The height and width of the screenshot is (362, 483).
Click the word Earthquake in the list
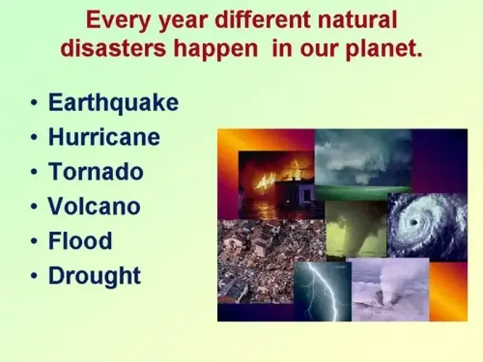pyautogui.click(x=114, y=103)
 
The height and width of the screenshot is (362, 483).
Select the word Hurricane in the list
pyautogui.click(x=104, y=137)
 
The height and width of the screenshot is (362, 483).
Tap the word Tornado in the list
pyautogui.click(x=96, y=171)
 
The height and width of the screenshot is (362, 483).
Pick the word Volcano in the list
pyautogui.click(x=94, y=206)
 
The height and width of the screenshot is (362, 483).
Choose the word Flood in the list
pyautogui.click(x=80, y=240)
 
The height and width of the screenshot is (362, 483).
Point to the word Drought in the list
pyautogui.click(x=95, y=276)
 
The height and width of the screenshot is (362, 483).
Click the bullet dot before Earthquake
pyautogui.click(x=34, y=103)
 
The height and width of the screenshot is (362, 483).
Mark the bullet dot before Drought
pyautogui.click(x=34, y=276)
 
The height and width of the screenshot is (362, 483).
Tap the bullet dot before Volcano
pyautogui.click(x=34, y=206)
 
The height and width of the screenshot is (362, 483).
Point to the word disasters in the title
pyautogui.click(x=113, y=48)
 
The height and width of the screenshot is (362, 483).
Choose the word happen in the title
pyautogui.click(x=216, y=49)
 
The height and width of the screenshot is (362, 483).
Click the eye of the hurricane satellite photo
pyautogui.click(x=414, y=222)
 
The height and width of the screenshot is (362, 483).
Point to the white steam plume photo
pyautogui.click(x=390, y=290)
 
